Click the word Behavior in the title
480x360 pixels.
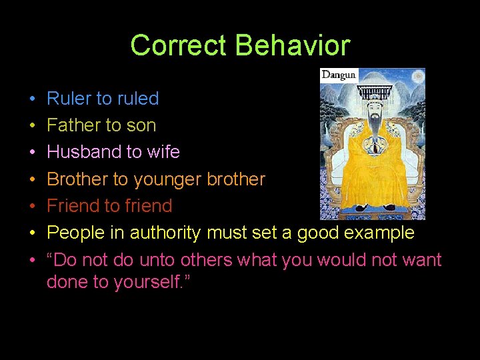pos(293,45)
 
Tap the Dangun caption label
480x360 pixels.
pos(339,75)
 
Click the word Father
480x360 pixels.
pos(74,125)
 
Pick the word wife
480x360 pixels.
pos(163,152)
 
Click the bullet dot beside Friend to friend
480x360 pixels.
pos(32,206)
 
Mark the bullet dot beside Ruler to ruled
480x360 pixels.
pos(32,99)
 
